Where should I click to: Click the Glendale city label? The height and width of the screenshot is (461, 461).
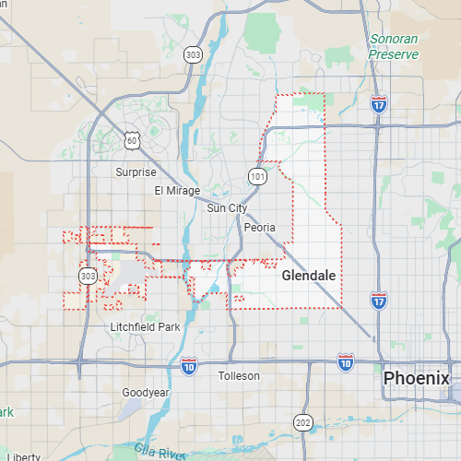tap(308, 276)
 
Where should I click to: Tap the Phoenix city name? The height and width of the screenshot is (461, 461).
tap(417, 378)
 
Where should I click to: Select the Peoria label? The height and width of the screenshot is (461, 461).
tap(261, 226)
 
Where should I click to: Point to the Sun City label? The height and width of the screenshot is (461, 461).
tap(227, 208)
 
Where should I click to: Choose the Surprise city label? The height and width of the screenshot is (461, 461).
tap(136, 172)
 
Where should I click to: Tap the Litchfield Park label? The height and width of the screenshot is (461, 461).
tap(145, 327)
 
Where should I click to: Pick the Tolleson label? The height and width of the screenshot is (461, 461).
tap(239, 376)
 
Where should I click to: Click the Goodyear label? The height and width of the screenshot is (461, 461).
tap(146, 393)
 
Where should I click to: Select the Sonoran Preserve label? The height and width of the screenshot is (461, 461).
tap(395, 47)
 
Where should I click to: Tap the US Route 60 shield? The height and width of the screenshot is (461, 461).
tap(133, 140)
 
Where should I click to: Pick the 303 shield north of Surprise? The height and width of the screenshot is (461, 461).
tap(193, 55)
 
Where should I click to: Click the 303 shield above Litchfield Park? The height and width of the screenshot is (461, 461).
tap(88, 276)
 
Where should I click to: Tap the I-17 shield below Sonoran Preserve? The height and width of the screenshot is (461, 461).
tap(379, 104)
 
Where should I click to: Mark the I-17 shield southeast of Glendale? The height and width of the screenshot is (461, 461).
tap(378, 300)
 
